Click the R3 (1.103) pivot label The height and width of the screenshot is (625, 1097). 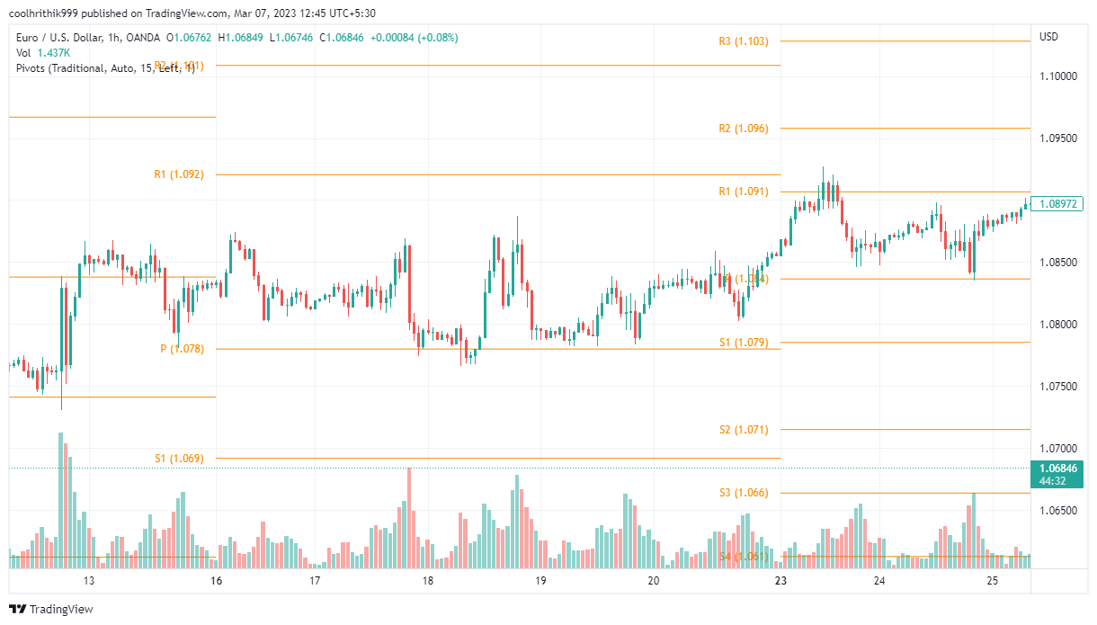point(744,41)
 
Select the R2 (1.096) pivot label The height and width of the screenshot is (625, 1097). point(744,129)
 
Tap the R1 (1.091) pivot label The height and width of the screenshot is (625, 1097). point(744,192)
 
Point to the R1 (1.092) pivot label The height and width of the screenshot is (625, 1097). point(179,174)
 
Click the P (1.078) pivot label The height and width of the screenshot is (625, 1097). point(182,349)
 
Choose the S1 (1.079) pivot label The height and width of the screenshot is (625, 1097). point(744,343)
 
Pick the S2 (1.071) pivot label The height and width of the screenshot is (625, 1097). point(744,430)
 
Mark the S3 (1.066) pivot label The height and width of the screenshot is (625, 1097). point(744,493)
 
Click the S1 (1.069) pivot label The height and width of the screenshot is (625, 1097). point(179,459)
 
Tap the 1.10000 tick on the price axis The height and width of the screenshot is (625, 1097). point(1057,76)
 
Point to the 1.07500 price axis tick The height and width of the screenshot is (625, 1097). point(1057,387)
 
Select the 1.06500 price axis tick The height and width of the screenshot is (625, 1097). point(1057,511)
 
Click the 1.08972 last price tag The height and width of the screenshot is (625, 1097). point(1057,204)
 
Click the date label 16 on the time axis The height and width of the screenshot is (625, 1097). point(215,581)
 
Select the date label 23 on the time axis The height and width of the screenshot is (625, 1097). point(780,581)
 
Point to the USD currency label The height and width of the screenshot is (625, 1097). point(1048,37)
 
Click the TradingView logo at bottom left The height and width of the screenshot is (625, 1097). point(53,609)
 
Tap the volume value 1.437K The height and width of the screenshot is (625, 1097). point(53,53)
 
